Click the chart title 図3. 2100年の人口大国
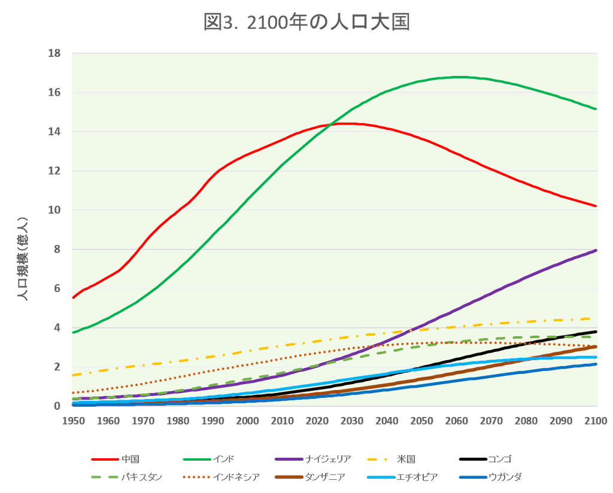(x=306, y=22)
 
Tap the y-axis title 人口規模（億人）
(x=23, y=258)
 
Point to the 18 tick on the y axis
(x=54, y=53)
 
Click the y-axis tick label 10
(x=54, y=210)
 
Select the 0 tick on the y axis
(x=57, y=406)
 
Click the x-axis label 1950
(x=74, y=421)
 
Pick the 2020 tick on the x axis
(x=317, y=421)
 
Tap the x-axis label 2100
(x=596, y=421)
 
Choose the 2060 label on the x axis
(x=456, y=421)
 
